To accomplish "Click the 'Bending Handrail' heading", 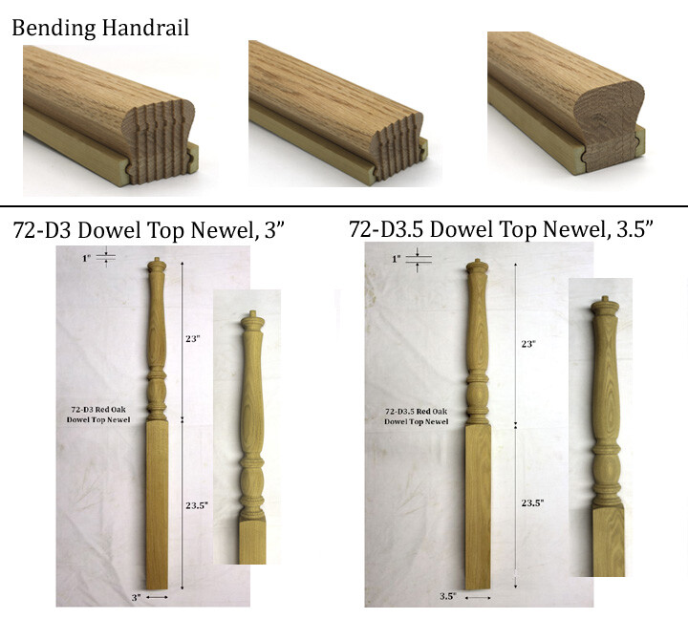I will point(100,27).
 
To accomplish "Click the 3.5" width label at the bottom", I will point(446,597).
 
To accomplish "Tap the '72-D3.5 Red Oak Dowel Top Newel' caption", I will point(417,416).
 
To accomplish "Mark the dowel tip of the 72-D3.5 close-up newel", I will point(600,306).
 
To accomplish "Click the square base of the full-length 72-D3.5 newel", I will point(478,506).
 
